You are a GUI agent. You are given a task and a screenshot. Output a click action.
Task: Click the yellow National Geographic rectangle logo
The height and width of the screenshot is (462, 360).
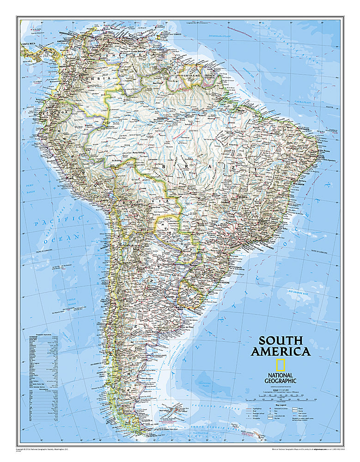[280, 365]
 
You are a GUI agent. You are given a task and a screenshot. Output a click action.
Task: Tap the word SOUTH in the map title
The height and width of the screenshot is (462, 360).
[281, 341]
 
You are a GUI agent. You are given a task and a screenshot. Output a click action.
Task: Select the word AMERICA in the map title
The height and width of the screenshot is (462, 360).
[281, 352]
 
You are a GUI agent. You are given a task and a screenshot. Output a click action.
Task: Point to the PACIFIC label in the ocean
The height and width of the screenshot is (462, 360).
[58, 221]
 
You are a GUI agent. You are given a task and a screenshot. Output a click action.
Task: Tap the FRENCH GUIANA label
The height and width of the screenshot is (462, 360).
[211, 74]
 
